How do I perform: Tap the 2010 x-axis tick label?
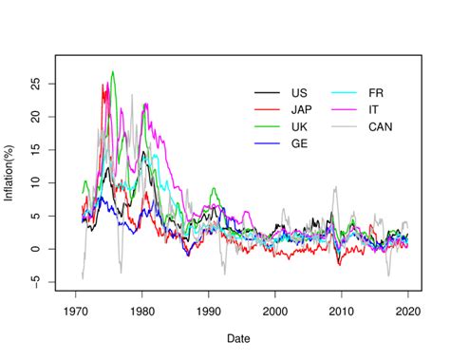pos(341,311)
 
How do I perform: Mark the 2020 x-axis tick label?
pos(407,311)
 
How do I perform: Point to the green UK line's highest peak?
pos(113,71)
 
